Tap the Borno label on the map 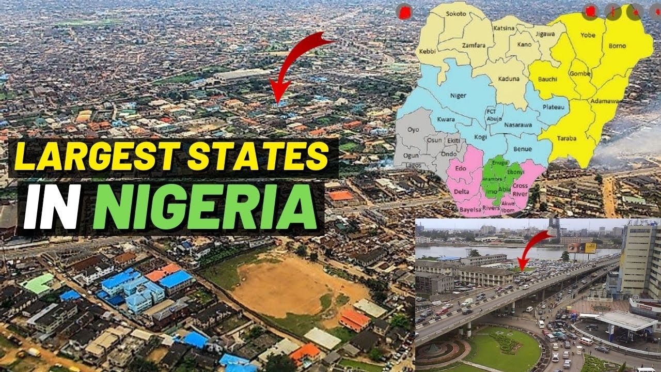(x=617, y=46)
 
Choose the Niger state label (x=458, y=95)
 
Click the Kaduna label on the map (x=509, y=79)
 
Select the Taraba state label (x=567, y=138)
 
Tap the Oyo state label (x=414, y=130)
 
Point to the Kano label (x=524, y=44)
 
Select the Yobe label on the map (x=588, y=36)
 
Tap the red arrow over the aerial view (x=297, y=65)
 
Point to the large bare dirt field (x=297, y=287)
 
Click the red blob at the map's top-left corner (x=404, y=11)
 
